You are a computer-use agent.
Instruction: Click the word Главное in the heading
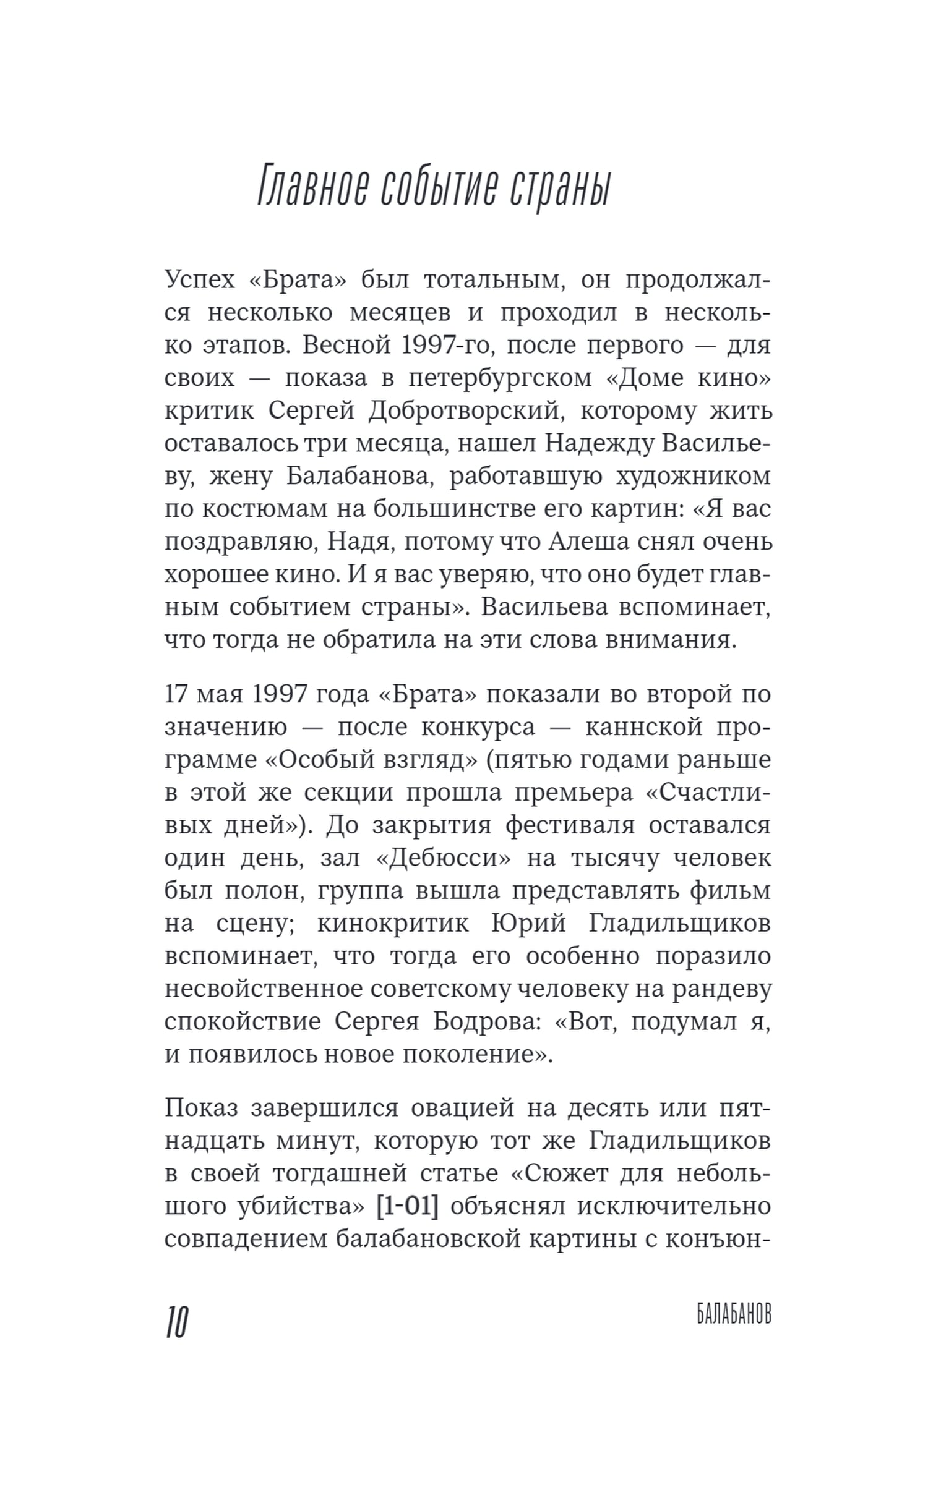[312, 186]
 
